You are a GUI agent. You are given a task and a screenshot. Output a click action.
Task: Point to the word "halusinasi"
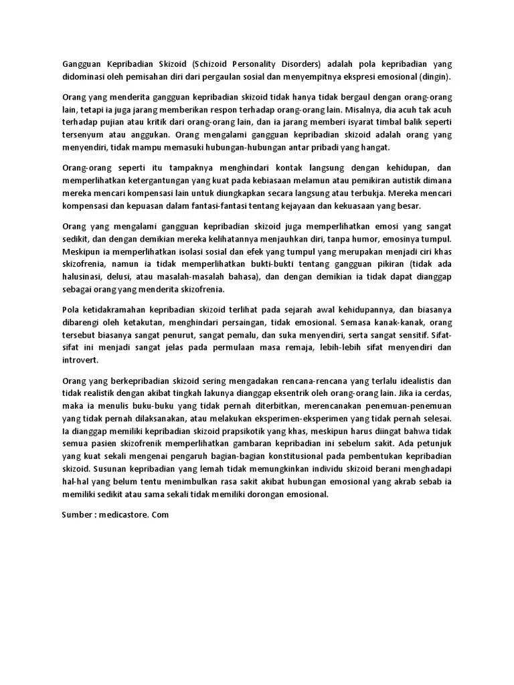(83, 276)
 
